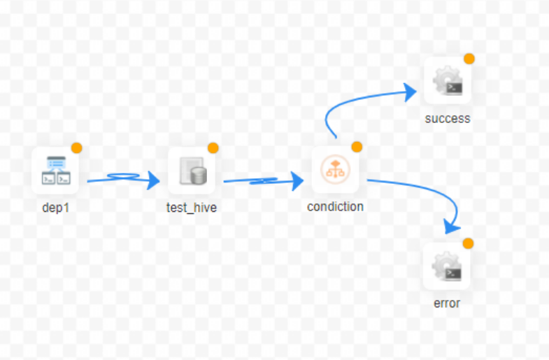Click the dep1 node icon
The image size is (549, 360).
pyautogui.click(x=55, y=171)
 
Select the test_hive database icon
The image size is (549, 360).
pyautogui.click(x=192, y=171)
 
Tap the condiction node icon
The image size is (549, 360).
pyautogui.click(x=335, y=171)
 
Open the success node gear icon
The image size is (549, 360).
pyautogui.click(x=448, y=81)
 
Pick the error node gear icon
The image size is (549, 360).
pyautogui.click(x=447, y=266)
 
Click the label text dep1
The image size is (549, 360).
pyautogui.click(x=55, y=207)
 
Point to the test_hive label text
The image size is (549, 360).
pyautogui.click(x=192, y=207)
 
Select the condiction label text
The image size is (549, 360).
pyautogui.click(x=335, y=207)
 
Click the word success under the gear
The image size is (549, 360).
pyautogui.click(x=448, y=118)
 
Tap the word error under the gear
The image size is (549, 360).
pyautogui.click(x=447, y=303)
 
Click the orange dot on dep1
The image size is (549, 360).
pyautogui.click(x=76, y=148)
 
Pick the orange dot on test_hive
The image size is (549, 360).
pyautogui.click(x=213, y=148)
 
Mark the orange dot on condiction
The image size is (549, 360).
pyautogui.click(x=357, y=147)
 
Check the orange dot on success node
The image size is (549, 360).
pyautogui.click(x=469, y=59)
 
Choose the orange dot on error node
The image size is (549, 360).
pyautogui.click(x=468, y=243)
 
